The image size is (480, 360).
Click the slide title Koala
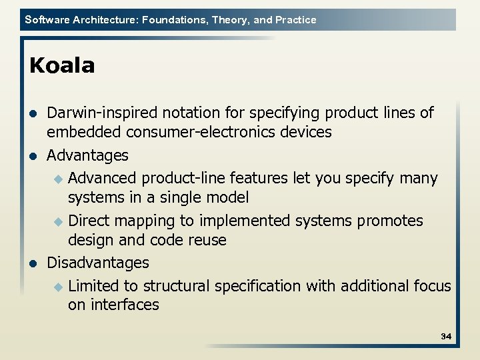63,66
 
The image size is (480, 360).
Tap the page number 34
446,337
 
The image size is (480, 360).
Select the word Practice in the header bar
295,20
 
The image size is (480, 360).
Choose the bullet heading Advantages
87,155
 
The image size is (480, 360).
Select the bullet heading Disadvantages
98,263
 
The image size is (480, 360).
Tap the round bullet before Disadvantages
33,263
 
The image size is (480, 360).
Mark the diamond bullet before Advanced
58,179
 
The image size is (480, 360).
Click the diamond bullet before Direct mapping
58,221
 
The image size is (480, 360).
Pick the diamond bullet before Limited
58,287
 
